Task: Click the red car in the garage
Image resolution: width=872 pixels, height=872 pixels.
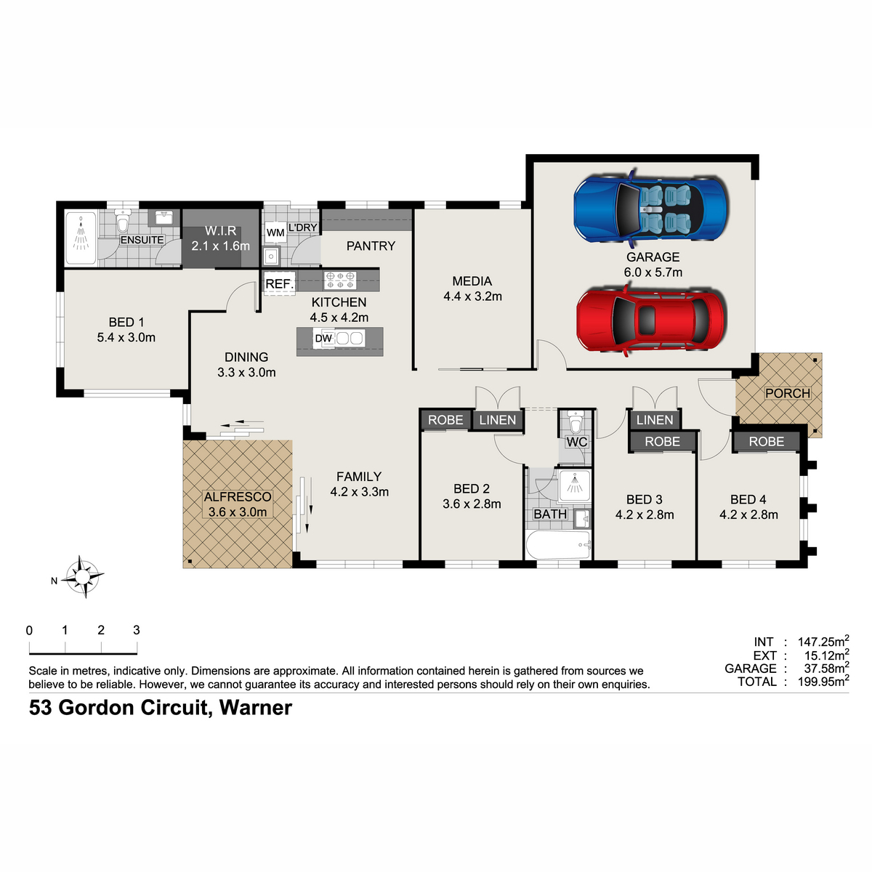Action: (x=650, y=320)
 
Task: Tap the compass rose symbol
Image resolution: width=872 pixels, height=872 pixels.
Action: (x=83, y=576)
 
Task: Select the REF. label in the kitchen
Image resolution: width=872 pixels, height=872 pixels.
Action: (x=280, y=284)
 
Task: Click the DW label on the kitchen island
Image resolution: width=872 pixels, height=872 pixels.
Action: (x=323, y=339)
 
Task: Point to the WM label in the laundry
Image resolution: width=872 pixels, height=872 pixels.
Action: (x=275, y=233)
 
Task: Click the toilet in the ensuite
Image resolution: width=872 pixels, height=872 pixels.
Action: (x=122, y=220)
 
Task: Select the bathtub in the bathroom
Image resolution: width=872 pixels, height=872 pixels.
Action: (x=559, y=544)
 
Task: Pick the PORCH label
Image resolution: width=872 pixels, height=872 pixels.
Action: (x=788, y=393)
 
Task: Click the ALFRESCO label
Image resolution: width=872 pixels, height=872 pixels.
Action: (x=238, y=497)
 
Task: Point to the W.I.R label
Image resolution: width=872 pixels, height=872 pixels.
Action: (x=220, y=231)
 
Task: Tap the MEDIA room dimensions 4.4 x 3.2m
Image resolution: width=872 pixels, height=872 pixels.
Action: (x=472, y=296)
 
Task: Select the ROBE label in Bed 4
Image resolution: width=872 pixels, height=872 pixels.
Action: (x=766, y=442)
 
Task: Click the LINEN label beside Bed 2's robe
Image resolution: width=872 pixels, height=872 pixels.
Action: (x=497, y=420)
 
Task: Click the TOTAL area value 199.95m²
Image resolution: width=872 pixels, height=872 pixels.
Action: (x=823, y=682)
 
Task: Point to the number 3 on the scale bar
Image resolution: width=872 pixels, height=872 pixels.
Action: (x=136, y=630)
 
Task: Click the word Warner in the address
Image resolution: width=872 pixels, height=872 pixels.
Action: (x=256, y=708)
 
